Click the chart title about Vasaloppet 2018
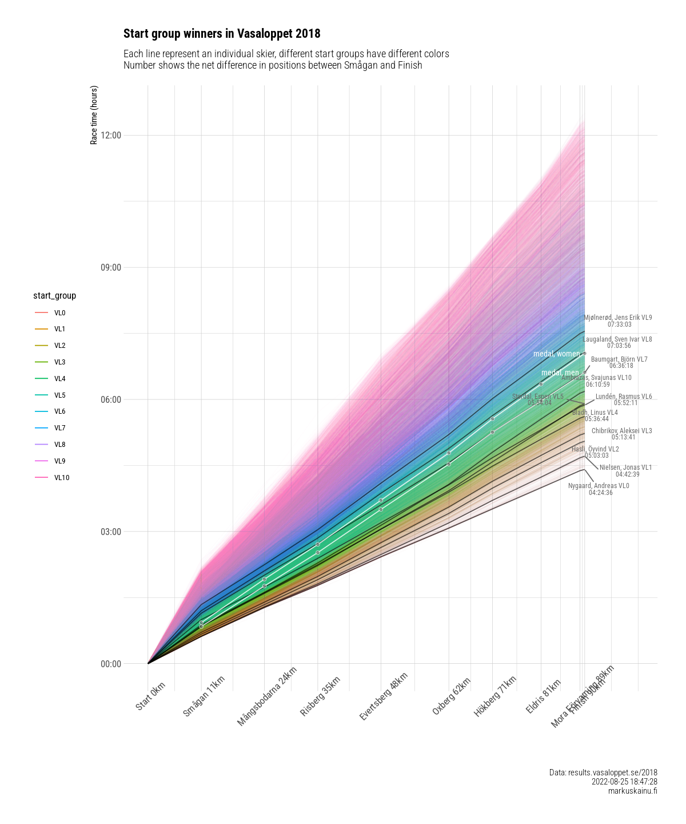(222, 34)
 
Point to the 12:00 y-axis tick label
(111, 136)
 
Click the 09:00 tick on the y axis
(111, 267)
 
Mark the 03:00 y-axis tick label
(111, 532)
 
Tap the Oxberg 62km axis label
(452, 695)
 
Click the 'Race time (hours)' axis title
(94, 115)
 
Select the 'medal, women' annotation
(556, 354)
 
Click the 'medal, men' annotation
(560, 373)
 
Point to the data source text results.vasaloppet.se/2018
(603, 772)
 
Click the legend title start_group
(54, 296)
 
